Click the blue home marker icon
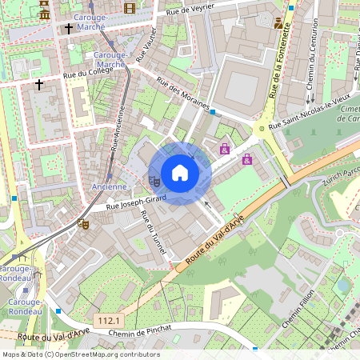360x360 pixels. pos(180,173)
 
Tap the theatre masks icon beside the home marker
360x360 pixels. pos(154,182)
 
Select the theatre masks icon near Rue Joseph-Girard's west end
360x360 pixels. pos(82,225)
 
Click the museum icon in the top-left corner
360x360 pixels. pos(44,10)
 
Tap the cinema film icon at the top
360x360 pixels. pos(130,8)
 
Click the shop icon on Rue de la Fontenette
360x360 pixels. pos(278,22)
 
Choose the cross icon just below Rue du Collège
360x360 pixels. pos(38,84)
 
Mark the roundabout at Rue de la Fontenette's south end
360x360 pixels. pos(261,128)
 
